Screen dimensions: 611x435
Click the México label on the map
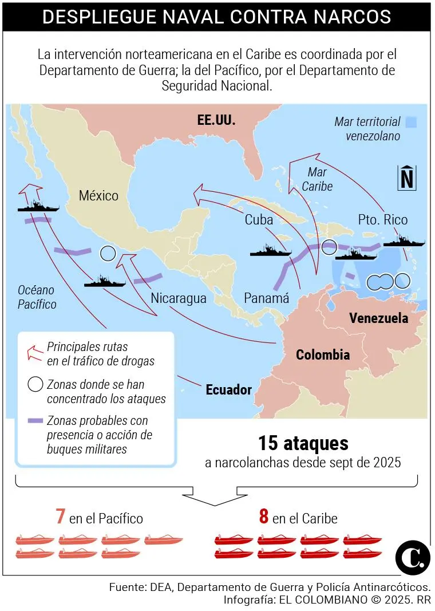[98, 196]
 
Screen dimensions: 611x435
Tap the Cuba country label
[258, 219]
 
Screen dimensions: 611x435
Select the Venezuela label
[378, 318]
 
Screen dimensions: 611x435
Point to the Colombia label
[323, 354]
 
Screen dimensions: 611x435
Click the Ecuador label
[229, 390]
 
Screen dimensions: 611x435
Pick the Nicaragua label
[179, 298]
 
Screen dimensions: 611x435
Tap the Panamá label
[266, 298]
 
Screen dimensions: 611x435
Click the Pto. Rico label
[383, 219]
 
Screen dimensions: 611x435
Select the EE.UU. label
[216, 120]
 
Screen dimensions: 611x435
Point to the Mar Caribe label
[317, 179]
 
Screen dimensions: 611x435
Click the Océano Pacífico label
[37, 297]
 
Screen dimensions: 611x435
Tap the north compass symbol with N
[406, 178]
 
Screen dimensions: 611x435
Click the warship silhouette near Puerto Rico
[404, 241]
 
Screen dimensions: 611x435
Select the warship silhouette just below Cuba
[271, 250]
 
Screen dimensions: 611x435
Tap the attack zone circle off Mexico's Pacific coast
[107, 253]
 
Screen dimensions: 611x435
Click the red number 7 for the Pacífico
[60, 517]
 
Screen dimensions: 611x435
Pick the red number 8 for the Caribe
[263, 517]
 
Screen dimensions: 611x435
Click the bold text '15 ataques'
[303, 443]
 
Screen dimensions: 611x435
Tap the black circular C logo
[413, 556]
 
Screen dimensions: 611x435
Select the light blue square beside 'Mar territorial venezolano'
[410, 122]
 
